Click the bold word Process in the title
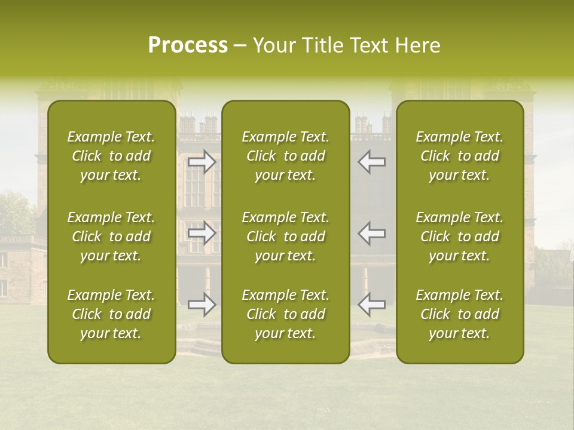coord(188,46)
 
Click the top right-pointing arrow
coord(202,162)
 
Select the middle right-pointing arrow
coord(202,234)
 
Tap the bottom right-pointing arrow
coord(202,305)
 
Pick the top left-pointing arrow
coord(371,162)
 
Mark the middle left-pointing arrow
coord(371,234)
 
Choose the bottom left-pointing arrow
coord(371,305)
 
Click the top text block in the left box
coord(111,156)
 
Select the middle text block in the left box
coord(111,236)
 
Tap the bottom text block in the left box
coord(111,314)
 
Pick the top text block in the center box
coord(286,156)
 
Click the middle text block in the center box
coord(286,236)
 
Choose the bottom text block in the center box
coord(286,314)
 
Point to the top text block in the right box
coord(460,156)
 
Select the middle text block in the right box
coord(460,236)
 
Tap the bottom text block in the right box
coord(460,314)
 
